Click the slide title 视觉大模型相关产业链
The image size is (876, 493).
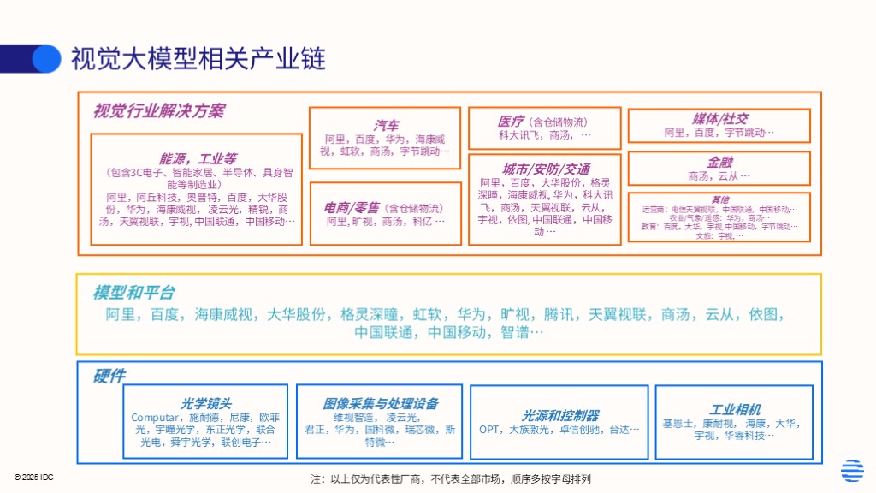coord(198,58)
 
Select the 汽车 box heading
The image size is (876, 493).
coord(386,125)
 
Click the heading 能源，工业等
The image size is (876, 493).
coord(198,159)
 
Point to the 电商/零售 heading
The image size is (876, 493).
coord(352,207)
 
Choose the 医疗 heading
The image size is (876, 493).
coord(511,122)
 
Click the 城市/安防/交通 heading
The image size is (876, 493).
coord(546,169)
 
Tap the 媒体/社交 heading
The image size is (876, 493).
coord(719,119)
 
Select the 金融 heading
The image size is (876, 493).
coord(719,162)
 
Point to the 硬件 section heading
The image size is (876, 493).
coord(109,377)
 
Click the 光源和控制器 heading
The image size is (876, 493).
coord(560,415)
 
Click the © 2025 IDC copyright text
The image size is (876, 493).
coord(33,477)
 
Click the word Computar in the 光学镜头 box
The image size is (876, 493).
coord(155,418)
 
